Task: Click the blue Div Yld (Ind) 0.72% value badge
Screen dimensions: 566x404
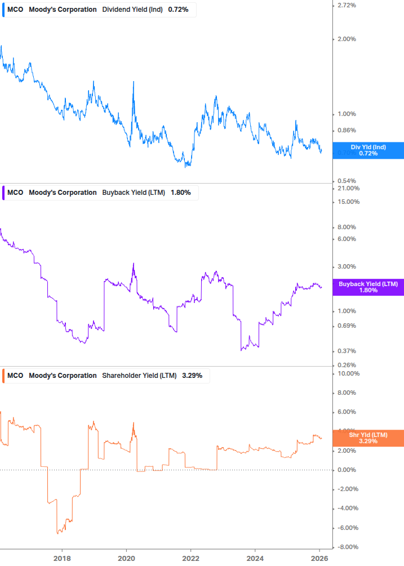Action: tap(368, 150)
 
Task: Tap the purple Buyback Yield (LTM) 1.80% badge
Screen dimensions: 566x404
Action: tap(368, 287)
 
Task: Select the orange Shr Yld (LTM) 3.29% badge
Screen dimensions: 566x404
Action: tap(368, 438)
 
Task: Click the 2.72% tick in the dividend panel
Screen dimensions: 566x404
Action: tap(346, 5)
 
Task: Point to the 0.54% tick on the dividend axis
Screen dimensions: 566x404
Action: tap(346, 180)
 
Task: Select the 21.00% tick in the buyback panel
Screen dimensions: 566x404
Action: tap(348, 188)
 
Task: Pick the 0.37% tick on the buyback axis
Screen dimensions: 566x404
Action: tap(346, 351)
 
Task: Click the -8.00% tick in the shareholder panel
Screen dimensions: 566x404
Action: tap(348, 547)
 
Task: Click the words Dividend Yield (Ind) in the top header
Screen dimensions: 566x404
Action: tap(133, 10)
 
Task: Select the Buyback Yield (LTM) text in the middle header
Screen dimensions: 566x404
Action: tap(134, 193)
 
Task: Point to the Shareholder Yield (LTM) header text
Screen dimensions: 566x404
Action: tap(139, 376)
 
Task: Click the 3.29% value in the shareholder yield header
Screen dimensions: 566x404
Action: tap(192, 376)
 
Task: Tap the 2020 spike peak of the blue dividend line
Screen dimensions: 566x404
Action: tap(134, 82)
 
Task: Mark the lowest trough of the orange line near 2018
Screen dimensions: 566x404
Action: tap(57, 533)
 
